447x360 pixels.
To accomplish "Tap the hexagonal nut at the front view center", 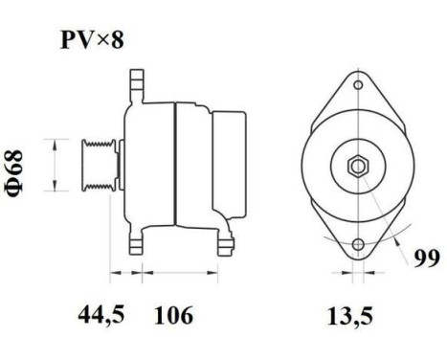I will tap(356, 166).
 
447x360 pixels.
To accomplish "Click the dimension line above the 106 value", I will tap(182, 275).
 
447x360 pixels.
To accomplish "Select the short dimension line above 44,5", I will tap(122, 275).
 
